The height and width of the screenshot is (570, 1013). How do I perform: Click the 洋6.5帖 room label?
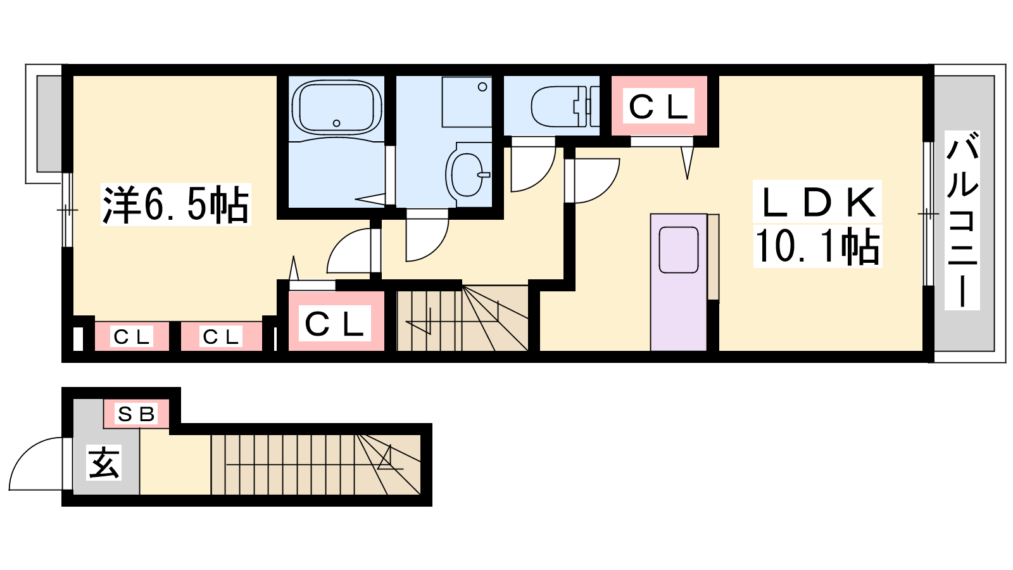click(x=176, y=205)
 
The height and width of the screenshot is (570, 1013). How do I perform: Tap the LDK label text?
click(x=817, y=202)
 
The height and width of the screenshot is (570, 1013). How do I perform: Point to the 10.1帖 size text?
click(x=817, y=245)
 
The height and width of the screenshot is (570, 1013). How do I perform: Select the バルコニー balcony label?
click(x=962, y=220)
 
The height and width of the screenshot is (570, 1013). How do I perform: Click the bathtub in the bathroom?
click(x=336, y=107)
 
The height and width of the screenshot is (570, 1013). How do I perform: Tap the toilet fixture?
click(x=565, y=107)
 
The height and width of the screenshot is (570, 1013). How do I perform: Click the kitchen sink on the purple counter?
click(x=678, y=250)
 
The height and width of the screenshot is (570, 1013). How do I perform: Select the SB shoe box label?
click(x=137, y=414)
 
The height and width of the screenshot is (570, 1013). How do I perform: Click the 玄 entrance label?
click(x=104, y=462)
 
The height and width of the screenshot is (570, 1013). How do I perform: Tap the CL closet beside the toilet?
click(x=658, y=106)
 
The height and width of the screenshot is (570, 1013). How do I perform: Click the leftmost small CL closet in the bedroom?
click(x=131, y=336)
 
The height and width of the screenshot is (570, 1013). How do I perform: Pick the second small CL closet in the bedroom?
click(x=221, y=336)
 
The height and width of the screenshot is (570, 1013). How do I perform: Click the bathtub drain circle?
click(x=336, y=123)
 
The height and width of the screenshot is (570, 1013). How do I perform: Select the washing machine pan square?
click(x=467, y=102)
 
